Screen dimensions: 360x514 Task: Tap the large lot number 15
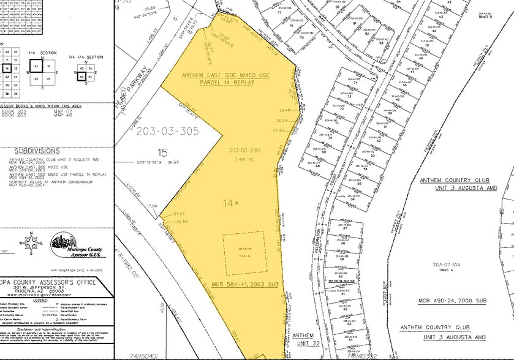pos(162,152)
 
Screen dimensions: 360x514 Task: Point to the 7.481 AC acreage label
pos(244,159)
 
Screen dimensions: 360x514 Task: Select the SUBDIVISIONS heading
pos(37,150)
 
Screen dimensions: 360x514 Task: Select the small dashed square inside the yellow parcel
pos(243,253)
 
